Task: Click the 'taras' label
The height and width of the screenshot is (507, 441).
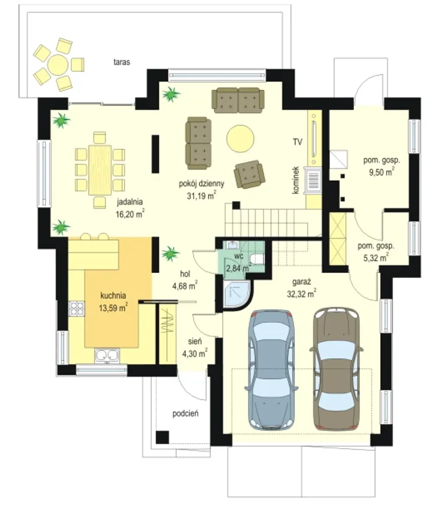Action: tap(122, 62)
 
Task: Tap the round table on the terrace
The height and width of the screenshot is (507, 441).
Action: tap(58, 65)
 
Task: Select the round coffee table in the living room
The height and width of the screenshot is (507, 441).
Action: tap(240, 138)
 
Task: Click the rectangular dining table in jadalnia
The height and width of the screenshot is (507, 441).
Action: tap(100, 170)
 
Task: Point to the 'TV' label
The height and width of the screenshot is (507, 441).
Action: tap(298, 142)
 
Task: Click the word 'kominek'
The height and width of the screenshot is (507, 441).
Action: tap(296, 180)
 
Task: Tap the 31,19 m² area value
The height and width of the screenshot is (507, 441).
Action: tap(202, 196)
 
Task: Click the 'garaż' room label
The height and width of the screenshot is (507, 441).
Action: tap(301, 282)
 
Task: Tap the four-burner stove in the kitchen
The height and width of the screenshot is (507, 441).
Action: tap(76, 308)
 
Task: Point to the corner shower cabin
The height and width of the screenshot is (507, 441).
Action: tap(237, 295)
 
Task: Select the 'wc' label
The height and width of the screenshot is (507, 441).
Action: tap(239, 256)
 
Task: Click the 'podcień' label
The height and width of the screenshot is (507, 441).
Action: tap(185, 414)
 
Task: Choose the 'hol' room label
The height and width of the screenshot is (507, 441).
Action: tap(185, 274)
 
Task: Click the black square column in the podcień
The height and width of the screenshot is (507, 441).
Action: tap(163, 437)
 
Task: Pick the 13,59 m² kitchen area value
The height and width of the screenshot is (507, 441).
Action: tap(113, 308)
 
